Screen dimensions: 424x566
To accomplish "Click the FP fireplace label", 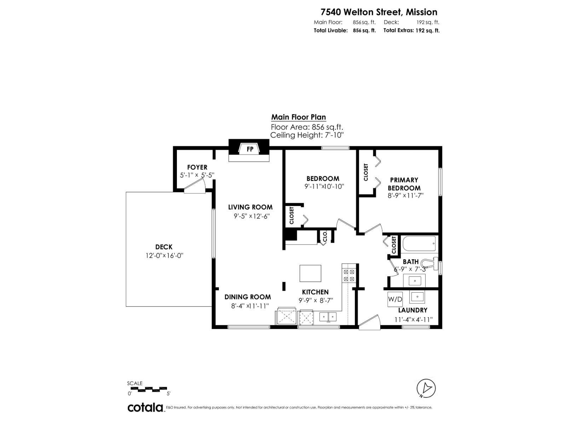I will (250, 149).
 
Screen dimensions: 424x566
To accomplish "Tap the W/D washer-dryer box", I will (395, 299).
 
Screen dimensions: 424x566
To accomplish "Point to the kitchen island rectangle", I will (310, 273).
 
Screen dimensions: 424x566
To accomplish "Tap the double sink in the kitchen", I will (328, 317).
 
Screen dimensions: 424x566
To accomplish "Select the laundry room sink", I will (417, 297).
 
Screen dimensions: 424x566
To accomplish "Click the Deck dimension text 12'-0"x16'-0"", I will (164, 255).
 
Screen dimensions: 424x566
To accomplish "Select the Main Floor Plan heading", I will (299, 117).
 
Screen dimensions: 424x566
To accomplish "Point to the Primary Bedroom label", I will (404, 184).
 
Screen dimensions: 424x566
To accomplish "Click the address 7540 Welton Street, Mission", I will (379, 12).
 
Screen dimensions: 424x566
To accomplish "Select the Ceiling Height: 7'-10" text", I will (307, 135).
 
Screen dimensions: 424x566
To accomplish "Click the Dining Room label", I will (248, 297).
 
